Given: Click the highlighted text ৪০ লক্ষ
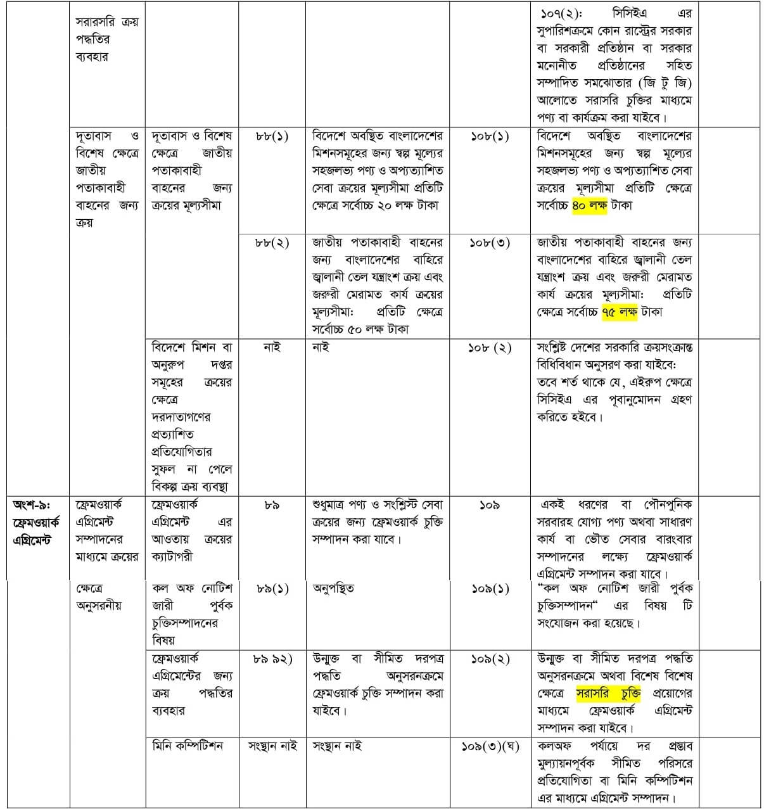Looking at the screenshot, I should point(589,205).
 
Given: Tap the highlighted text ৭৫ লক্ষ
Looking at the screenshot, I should point(619,312).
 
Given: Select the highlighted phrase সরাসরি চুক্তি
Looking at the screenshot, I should point(608,693).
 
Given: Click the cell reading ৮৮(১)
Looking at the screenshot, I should point(272,136).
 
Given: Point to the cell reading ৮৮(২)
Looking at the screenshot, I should point(272,243).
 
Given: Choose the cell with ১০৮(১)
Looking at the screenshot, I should point(490,136).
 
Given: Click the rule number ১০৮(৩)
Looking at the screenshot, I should point(490,243).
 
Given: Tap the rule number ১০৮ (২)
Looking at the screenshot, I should point(490,348).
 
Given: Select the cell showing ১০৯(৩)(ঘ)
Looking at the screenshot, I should point(490,746).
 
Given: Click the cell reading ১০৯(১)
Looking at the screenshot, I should point(490,589).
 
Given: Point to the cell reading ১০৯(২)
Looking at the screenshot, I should point(490,659).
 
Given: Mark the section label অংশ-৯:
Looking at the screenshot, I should point(35,505).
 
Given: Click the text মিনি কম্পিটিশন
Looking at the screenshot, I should point(188,746).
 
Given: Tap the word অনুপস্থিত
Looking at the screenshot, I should point(333,589).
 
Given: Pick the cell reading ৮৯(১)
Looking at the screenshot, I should point(272,589).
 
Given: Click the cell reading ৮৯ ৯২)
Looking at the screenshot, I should point(272,659).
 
